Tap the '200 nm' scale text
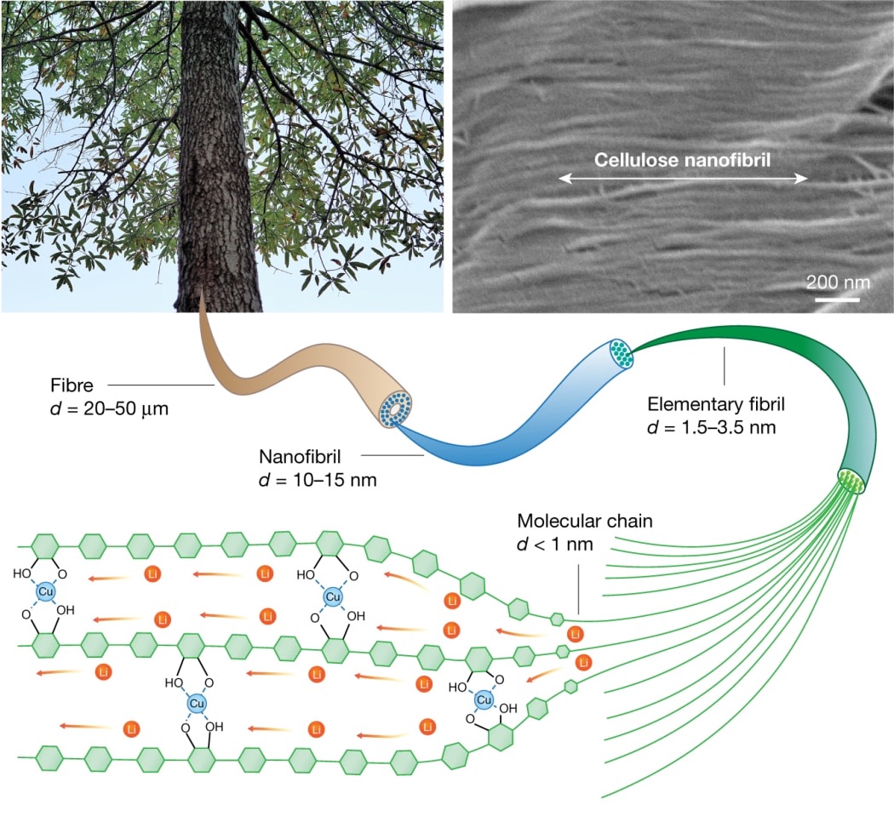coord(838,281)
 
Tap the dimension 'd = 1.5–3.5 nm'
coord(711,425)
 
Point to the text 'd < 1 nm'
coord(553,543)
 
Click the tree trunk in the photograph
coord(216,170)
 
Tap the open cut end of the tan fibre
coord(397,408)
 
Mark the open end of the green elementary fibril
coord(851,482)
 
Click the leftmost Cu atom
coord(46,591)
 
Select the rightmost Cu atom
coord(484,700)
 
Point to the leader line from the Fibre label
coord(162,385)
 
